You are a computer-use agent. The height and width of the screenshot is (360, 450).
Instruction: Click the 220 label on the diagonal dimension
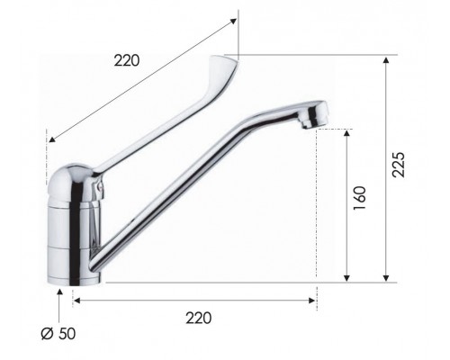[x=129, y=62]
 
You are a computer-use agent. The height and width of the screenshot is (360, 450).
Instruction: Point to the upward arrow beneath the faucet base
[x=60, y=297]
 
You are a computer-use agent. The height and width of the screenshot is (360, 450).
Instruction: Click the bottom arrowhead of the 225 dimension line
[x=386, y=278]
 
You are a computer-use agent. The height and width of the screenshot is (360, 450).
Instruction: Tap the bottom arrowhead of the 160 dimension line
[x=347, y=278]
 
